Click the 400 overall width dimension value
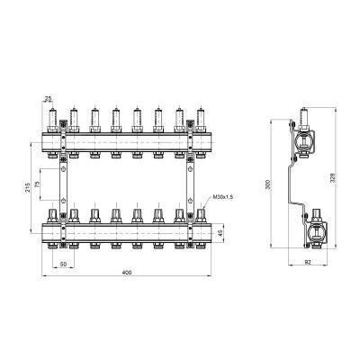[127, 273]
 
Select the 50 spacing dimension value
[63, 265]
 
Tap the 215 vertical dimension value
[28, 187]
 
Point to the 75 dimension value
[37, 184]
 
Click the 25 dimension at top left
[48, 98]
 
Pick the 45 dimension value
[220, 233]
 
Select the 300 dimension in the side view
[269, 184]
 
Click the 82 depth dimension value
[307, 262]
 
